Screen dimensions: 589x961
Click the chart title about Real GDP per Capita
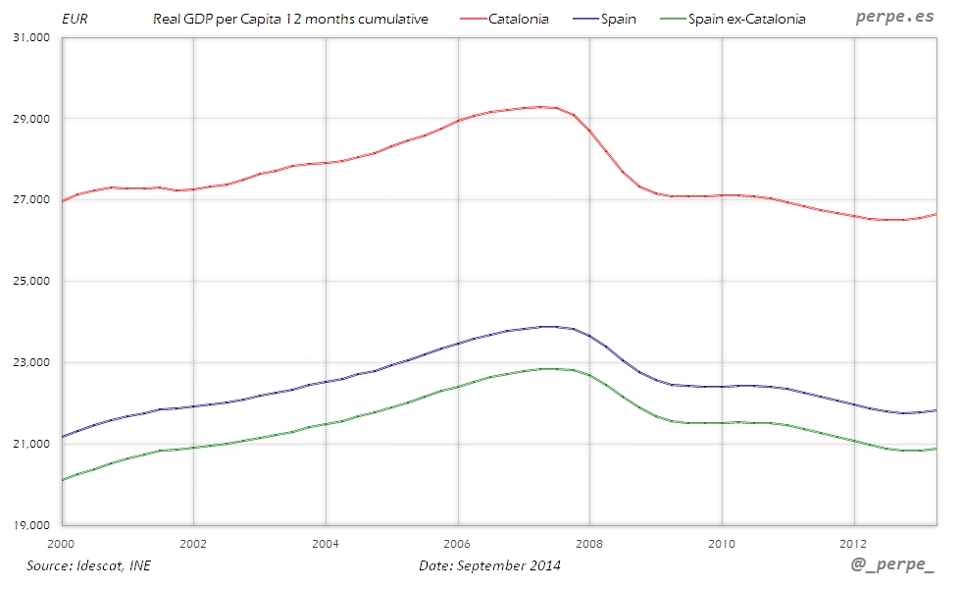pyautogui.click(x=290, y=19)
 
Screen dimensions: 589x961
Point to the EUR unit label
pyautogui.click(x=75, y=19)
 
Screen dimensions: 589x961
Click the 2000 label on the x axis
pyautogui.click(x=61, y=543)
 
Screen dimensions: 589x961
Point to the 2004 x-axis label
pyautogui.click(x=325, y=543)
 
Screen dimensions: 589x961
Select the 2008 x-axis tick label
pyautogui.click(x=589, y=543)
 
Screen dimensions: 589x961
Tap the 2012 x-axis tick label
pyautogui.click(x=853, y=543)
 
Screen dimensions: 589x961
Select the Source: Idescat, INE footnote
pyautogui.click(x=89, y=565)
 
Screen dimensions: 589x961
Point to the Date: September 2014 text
pyautogui.click(x=490, y=565)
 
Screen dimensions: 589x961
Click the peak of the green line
pyautogui.click(x=549, y=368)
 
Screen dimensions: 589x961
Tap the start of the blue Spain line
pyautogui.click(x=62, y=437)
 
